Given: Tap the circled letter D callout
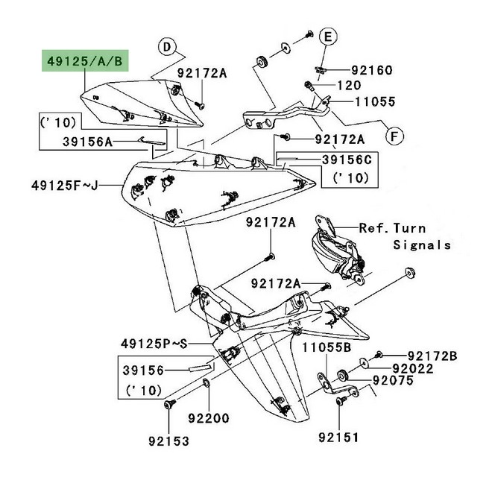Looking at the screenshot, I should click(x=168, y=47).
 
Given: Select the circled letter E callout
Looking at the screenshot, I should click(x=329, y=36).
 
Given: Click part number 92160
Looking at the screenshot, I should click(x=372, y=70).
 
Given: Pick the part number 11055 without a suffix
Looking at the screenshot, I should click(x=376, y=101).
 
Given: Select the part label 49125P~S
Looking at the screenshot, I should click(x=154, y=344).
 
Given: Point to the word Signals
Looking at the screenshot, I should click(x=422, y=244).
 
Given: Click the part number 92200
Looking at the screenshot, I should click(x=224, y=419).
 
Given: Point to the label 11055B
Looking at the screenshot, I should click(x=327, y=348).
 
